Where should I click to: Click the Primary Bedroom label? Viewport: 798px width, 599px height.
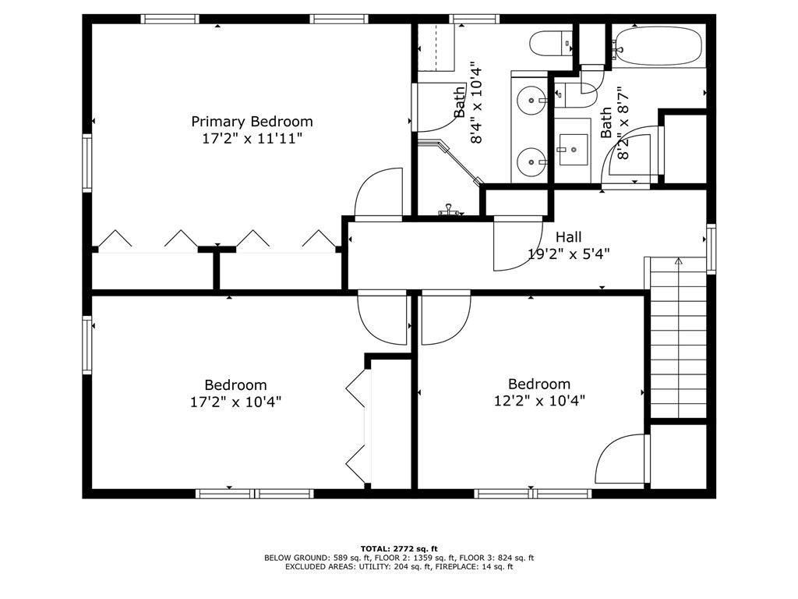[x=252, y=122]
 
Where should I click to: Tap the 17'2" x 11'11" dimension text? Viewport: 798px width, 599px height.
[x=252, y=139]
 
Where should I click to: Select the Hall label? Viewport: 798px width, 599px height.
[x=568, y=237]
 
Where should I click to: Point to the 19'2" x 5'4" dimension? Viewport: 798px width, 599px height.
[x=568, y=253]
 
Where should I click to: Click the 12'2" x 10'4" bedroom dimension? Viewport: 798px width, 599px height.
[x=538, y=401]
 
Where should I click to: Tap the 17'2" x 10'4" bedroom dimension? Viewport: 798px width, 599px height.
[x=235, y=402]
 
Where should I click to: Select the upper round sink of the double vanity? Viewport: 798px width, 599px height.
[x=533, y=99]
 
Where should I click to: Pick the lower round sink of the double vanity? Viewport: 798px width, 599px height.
[x=533, y=161]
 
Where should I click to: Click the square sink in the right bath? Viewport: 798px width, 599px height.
[x=574, y=146]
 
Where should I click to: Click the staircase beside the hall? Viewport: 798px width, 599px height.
[x=678, y=343]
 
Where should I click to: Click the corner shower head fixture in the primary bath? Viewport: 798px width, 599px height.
[x=449, y=209]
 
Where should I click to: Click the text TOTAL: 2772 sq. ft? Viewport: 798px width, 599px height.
[x=398, y=548]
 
